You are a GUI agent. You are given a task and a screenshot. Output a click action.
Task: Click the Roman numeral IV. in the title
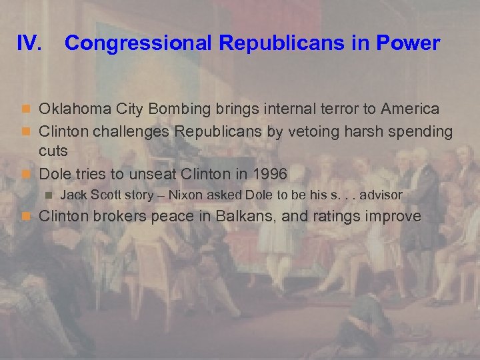click(x=31, y=44)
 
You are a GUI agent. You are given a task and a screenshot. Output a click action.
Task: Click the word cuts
click(x=53, y=151)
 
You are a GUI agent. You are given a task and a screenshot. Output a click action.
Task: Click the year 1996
click(x=269, y=174)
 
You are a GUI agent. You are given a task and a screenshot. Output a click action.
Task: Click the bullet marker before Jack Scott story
click(x=48, y=195)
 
